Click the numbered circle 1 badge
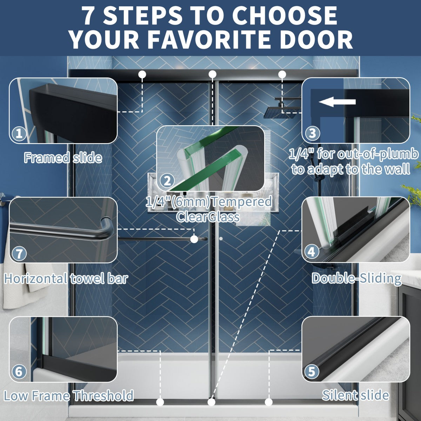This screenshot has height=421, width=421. pyautogui.click(x=19, y=133)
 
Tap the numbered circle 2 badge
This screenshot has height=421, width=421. pyautogui.click(x=167, y=181)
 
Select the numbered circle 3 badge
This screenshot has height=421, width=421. pyautogui.click(x=313, y=133)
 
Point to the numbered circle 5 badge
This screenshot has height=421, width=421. pyautogui.click(x=312, y=372)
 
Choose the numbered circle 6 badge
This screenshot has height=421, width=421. pyautogui.click(x=19, y=372)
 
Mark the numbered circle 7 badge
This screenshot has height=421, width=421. pyautogui.click(x=19, y=254)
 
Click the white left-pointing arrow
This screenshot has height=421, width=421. pyautogui.click(x=337, y=102)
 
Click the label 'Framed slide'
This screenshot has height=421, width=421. pyautogui.click(x=63, y=158)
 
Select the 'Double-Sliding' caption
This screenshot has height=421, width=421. pyautogui.click(x=356, y=279)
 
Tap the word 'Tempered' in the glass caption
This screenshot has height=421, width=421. pyautogui.click(x=242, y=202)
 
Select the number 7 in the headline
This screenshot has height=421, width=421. pyautogui.click(x=90, y=15)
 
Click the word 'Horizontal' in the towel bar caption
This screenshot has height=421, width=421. pyautogui.click(x=36, y=279)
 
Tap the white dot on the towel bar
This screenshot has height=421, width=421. pyautogui.click(x=194, y=239)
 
